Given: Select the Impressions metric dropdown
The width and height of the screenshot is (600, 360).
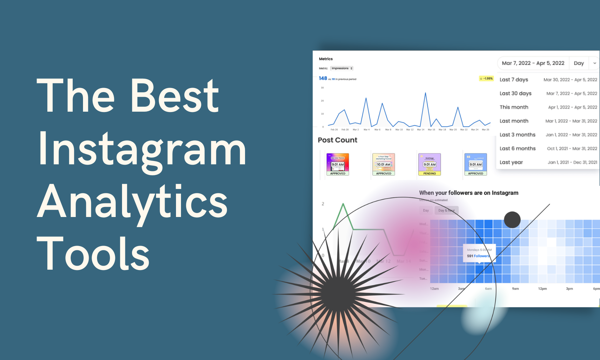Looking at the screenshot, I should coord(342,68).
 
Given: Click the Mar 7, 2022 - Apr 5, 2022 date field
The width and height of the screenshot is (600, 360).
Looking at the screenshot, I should coord(533,63).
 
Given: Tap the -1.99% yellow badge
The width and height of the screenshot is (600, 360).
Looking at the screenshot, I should coord(486,79).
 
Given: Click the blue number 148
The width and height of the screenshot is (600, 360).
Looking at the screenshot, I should coord(323,78).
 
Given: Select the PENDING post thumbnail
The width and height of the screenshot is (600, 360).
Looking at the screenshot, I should coord(429,164).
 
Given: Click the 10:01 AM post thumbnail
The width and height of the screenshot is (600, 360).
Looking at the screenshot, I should coord(383,164).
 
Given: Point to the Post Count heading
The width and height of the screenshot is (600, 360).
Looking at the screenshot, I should coord(337,140).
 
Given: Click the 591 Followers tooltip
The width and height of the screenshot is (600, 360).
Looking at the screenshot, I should coord(479,253).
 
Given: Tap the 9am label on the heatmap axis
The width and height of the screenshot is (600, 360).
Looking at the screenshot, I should coord(515,289).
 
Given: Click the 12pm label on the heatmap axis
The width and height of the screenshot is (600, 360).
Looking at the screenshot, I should coord(542,289).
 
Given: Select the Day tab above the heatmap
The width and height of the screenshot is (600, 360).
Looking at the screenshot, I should coord(426,210).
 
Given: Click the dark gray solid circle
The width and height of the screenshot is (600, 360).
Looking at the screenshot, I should coord(512,220).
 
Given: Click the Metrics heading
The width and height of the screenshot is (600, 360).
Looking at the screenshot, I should coord(326,59).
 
